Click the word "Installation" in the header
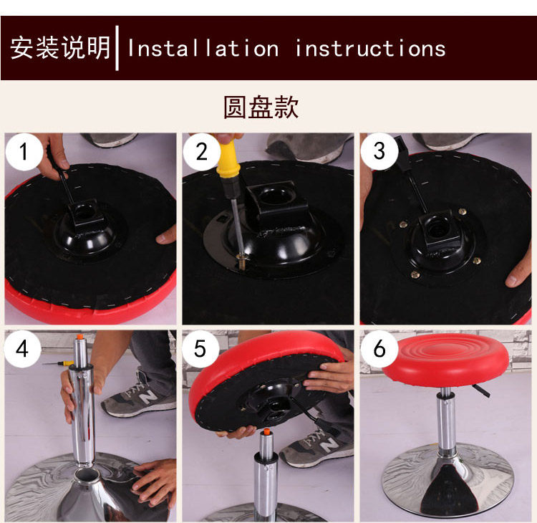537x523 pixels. pyautogui.click(x=203, y=48)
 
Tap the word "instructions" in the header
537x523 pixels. pyautogui.click(x=370, y=48)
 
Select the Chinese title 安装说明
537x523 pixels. pyautogui.click(x=60, y=47)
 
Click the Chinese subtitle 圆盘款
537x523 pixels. pyautogui.click(x=261, y=107)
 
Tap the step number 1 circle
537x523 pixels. pyautogui.click(x=24, y=151)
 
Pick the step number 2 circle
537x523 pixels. pyautogui.click(x=201, y=152)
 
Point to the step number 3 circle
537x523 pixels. pyautogui.click(x=379, y=151)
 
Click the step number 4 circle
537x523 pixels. pyautogui.click(x=23, y=349)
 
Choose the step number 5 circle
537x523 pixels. pyautogui.click(x=200, y=349)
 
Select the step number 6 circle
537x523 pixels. pyautogui.click(x=379, y=349)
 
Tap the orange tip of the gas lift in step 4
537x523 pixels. pyautogui.click(x=80, y=337)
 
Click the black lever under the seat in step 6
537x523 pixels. pyautogui.click(x=481, y=390)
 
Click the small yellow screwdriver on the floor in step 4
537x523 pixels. pyautogui.click(x=59, y=363)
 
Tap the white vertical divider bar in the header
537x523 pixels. pyautogui.click(x=117, y=48)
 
